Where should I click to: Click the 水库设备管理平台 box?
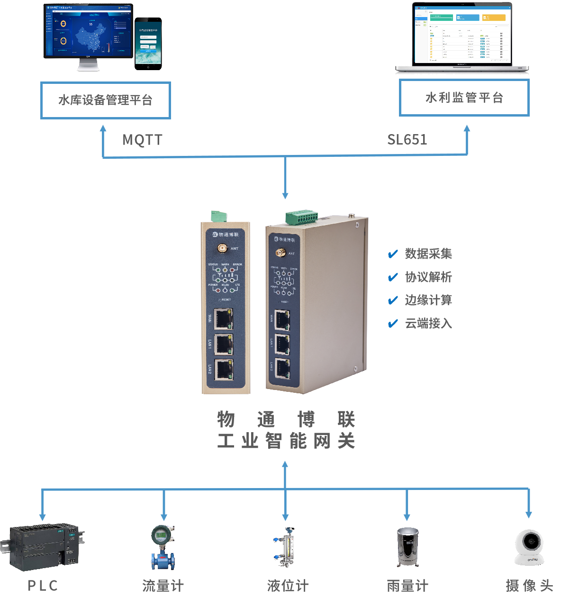coord(105,100)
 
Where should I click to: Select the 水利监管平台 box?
coord(464,98)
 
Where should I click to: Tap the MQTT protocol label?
coord(143,140)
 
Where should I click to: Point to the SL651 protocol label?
coord(407,139)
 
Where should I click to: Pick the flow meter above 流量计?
coord(163,547)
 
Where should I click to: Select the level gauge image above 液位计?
coord(286,547)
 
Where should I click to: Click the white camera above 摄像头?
coord(530,547)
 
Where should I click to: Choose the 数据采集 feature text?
coord(428,254)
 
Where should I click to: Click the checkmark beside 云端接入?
coord(393,324)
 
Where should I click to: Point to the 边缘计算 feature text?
coord(428,300)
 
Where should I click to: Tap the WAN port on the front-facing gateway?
coord(223,318)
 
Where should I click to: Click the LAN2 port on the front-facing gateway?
coord(223,370)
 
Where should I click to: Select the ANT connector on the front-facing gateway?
coord(222,248)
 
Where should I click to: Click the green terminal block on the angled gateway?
coord(301,218)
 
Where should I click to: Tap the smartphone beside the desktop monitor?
coord(148,43)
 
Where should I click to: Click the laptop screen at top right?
coord(462,34)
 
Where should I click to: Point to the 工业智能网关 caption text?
coord(286,441)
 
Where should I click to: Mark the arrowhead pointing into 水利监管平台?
coord(467,128)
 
